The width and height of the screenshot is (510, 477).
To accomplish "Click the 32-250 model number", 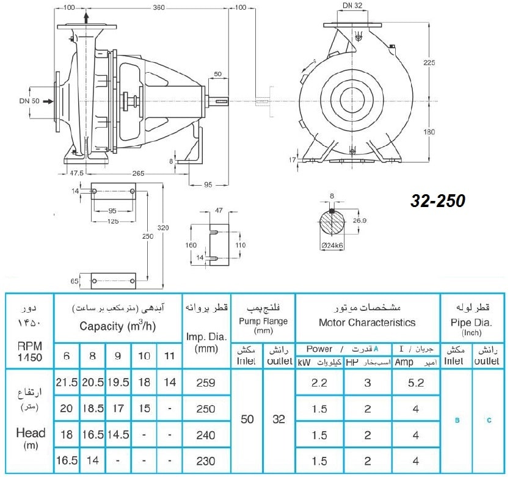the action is click(438, 200).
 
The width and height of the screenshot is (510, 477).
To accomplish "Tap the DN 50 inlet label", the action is click(29, 101).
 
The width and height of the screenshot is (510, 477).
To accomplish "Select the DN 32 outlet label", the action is click(352, 5).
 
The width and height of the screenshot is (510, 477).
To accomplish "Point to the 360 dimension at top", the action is click(158, 7).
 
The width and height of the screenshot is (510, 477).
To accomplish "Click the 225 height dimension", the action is click(429, 62).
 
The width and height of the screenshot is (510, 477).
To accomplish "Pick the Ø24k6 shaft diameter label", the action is click(332, 246).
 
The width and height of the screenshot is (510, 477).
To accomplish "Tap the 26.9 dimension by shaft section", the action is click(359, 220).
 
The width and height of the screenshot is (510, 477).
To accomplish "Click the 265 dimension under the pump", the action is click(138, 173).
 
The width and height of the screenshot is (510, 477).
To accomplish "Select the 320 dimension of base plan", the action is click(163, 228).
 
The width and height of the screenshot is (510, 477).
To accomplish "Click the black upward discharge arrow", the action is click(86, 18).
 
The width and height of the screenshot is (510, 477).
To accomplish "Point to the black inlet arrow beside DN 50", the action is click(48, 101).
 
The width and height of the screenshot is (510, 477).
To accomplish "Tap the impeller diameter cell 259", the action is click(206, 382).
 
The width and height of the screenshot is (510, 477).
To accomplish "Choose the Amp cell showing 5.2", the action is click(416, 383).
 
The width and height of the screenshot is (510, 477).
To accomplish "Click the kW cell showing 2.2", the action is click(319, 383).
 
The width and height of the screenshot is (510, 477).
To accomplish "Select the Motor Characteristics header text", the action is click(367, 322).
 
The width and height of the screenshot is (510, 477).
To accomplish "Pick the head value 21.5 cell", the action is click(67, 382).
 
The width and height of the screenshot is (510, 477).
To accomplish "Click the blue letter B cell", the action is click(457, 420).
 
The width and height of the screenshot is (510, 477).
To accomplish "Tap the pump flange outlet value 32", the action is click(279, 419).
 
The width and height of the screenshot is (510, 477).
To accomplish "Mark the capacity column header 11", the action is click(169, 356).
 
